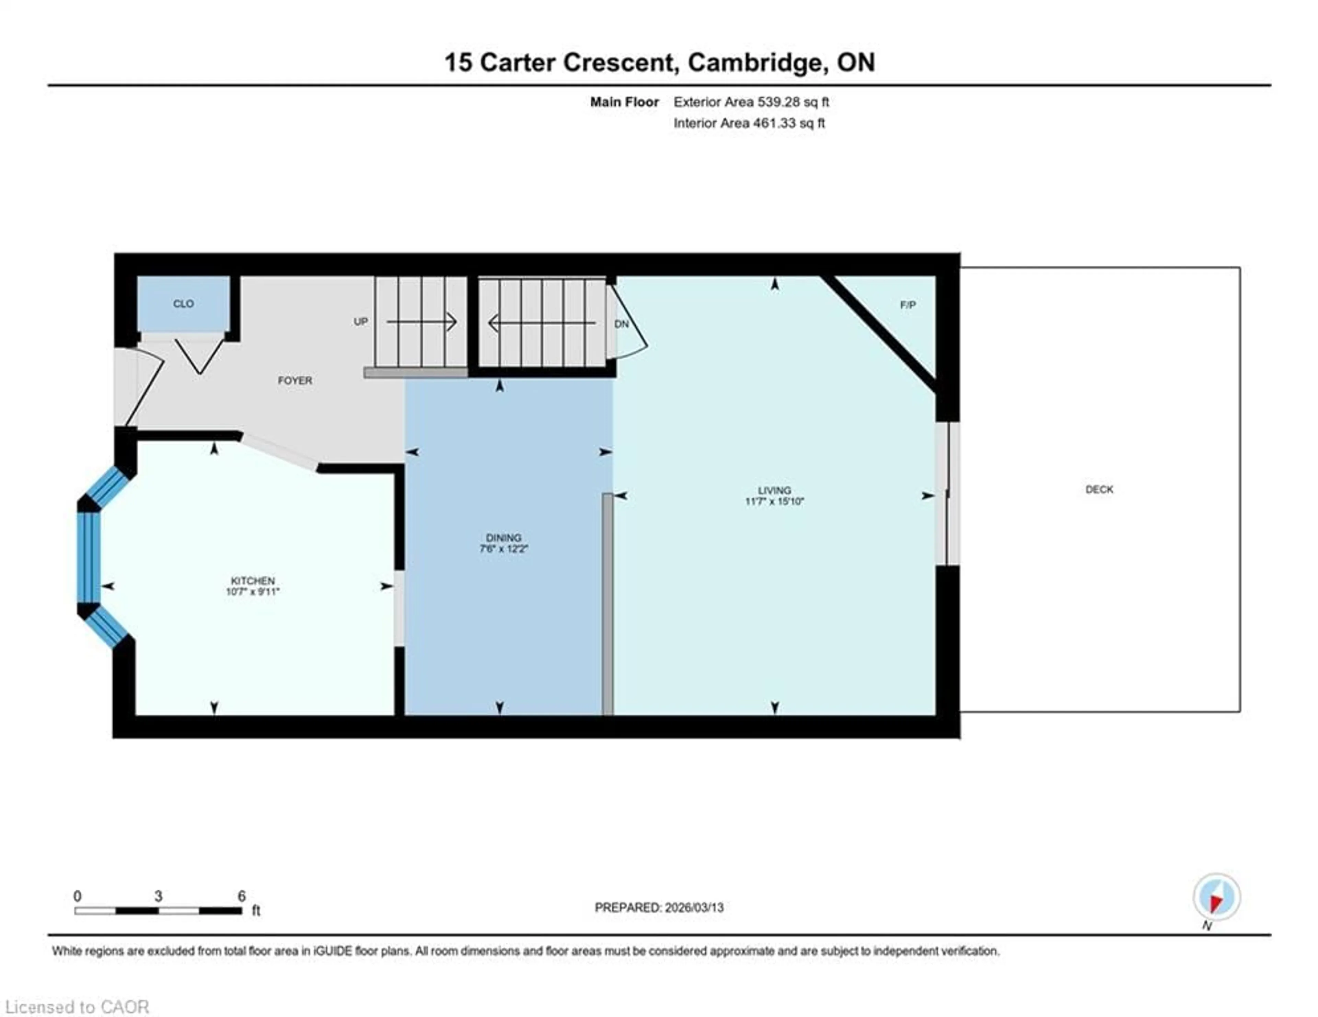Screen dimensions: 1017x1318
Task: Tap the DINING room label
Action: tap(503, 537)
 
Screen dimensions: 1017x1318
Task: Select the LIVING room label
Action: tap(774, 490)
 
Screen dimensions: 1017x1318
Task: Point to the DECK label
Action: tap(1099, 489)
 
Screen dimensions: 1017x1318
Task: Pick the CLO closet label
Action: tap(184, 303)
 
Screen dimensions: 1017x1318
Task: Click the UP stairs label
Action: tap(361, 322)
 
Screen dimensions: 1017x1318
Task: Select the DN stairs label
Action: tap(622, 324)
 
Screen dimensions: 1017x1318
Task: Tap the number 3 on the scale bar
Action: tap(158, 896)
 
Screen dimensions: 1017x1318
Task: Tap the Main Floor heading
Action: tap(624, 102)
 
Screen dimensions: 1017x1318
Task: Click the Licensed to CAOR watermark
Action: tap(77, 1007)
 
